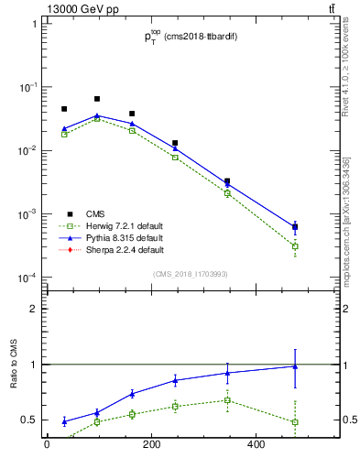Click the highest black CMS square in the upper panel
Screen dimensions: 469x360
97,99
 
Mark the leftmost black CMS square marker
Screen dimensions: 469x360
64,109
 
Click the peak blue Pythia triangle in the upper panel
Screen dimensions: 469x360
97,115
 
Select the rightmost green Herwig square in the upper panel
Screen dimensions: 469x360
295,246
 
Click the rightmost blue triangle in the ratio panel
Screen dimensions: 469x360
295,366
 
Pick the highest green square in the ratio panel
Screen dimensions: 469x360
227,399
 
